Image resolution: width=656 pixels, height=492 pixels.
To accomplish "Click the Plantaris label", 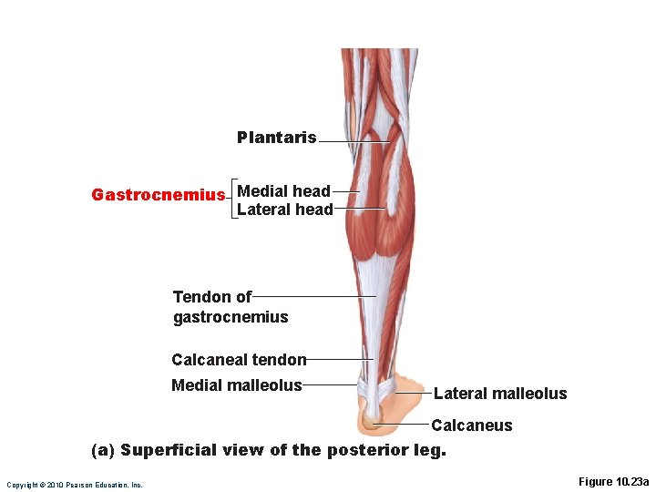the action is pos(276,138).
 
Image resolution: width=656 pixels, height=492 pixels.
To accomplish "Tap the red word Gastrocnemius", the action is pos(158,195).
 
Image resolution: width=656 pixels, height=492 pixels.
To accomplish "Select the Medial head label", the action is pos(283,191).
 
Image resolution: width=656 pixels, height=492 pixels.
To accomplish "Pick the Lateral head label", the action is pos(284,210).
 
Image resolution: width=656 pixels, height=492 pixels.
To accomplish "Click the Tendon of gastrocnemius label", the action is pos(230,307).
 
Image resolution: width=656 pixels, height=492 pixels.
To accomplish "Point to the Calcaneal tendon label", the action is pos(239,360).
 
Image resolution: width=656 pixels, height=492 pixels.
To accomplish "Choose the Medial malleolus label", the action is pos(236,385).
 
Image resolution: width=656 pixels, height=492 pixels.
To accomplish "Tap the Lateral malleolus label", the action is pos(500,394).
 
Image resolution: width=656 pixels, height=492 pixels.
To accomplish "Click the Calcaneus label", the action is pos(471,425).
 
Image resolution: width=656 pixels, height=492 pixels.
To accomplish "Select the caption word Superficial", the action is pos(174,450).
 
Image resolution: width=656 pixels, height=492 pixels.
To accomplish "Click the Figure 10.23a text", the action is pos(613,482).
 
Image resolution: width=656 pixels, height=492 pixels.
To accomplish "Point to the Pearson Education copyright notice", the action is pos(74,485).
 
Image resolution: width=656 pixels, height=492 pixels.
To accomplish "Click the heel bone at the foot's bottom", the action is pos(373,420).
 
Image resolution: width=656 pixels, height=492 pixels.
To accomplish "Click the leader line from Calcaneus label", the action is pos(401,425).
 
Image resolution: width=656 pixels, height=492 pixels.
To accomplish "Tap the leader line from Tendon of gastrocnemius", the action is pos(314,296).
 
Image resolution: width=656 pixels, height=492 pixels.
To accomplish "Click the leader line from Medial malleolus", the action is pos(330,384).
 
